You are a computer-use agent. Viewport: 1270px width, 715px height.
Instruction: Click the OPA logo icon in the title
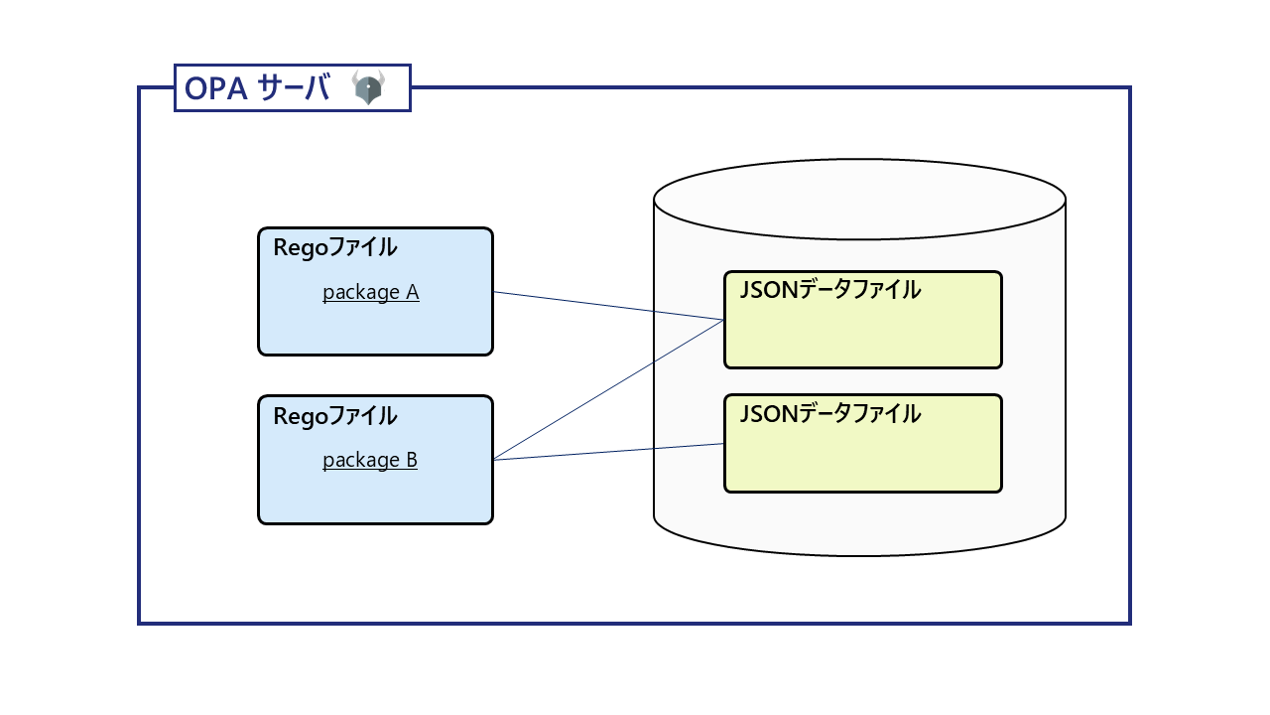click(x=368, y=87)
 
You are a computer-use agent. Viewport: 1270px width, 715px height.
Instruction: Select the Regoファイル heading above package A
click(x=334, y=247)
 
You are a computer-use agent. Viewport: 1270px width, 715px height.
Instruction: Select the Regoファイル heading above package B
click(x=334, y=416)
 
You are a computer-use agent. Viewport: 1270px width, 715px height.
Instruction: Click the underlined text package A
click(x=370, y=293)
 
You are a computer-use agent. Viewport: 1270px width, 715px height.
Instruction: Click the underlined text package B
click(x=369, y=461)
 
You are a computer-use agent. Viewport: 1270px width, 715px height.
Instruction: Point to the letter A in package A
click(x=412, y=293)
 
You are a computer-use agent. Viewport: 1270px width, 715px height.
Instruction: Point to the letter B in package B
click(x=411, y=461)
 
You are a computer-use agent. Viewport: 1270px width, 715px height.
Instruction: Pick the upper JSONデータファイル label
click(x=829, y=290)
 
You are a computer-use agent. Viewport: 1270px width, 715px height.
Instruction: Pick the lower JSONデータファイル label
click(x=829, y=414)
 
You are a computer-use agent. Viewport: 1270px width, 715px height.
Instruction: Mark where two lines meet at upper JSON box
click(x=723, y=320)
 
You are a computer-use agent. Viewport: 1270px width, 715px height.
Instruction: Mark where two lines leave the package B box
click(x=494, y=460)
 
